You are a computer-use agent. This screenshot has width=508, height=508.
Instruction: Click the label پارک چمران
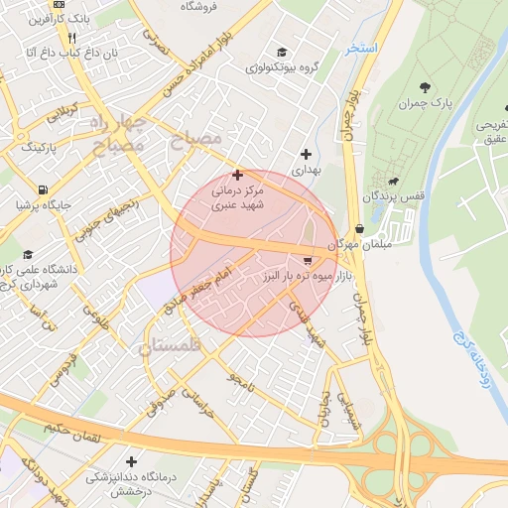428,104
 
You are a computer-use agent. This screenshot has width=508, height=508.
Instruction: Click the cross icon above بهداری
307,154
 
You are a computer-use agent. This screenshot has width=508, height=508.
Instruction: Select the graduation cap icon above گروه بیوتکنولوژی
283,52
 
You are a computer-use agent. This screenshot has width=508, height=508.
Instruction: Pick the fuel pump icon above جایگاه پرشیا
42,190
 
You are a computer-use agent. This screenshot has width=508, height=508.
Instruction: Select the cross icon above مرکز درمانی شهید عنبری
237,175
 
